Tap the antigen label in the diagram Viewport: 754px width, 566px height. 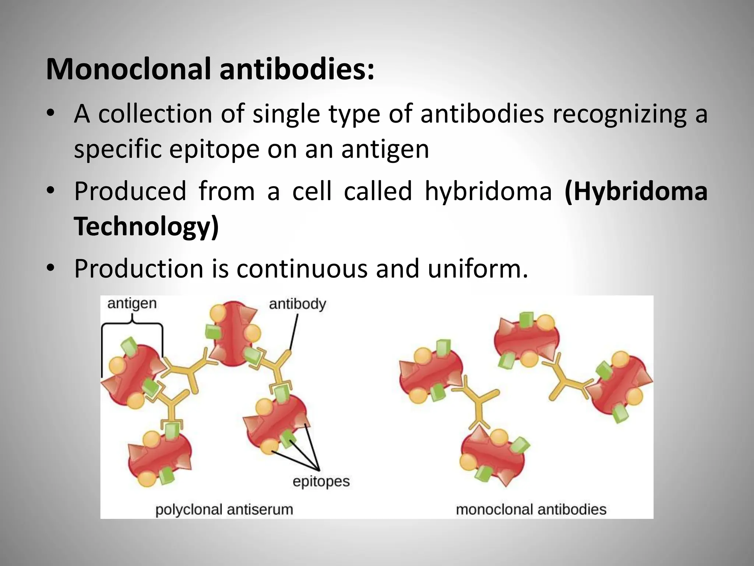[x=132, y=304]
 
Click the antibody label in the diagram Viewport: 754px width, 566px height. [x=297, y=304]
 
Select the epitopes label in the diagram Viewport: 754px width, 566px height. [x=321, y=482]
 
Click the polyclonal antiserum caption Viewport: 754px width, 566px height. [x=224, y=510]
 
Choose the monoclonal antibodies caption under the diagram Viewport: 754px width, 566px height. [x=531, y=510]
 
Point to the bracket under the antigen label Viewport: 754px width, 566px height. [x=132, y=324]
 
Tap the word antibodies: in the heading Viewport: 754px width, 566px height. [x=297, y=69]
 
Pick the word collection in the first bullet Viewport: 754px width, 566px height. [x=155, y=114]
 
